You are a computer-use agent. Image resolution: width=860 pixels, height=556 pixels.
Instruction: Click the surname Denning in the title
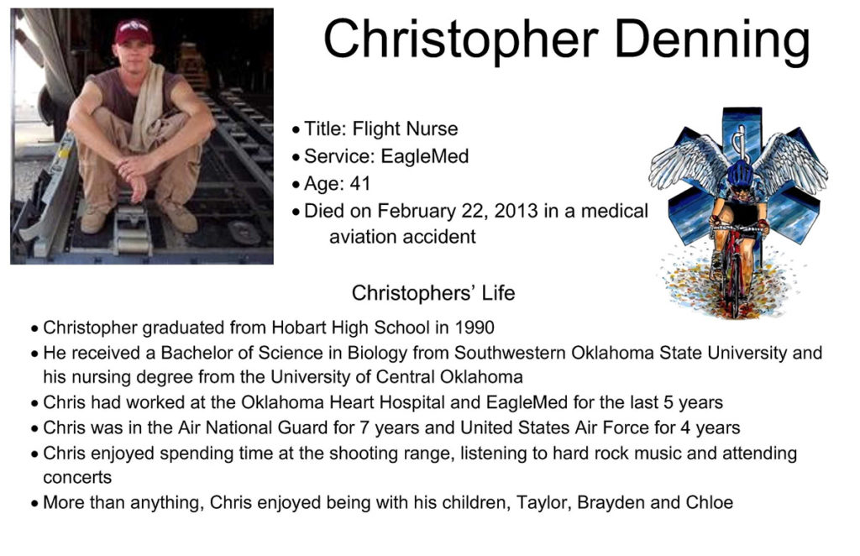tap(712, 39)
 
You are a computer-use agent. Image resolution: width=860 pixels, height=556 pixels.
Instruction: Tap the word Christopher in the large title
tap(461, 39)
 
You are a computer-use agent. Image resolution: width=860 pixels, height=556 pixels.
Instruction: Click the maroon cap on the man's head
tap(134, 31)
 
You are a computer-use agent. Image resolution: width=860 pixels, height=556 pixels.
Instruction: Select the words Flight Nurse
tap(405, 129)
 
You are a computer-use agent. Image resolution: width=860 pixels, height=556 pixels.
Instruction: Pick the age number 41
tap(359, 184)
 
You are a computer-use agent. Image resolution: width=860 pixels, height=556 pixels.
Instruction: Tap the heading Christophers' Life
tap(433, 293)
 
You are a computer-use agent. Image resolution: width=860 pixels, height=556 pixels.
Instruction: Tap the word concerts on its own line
tap(77, 478)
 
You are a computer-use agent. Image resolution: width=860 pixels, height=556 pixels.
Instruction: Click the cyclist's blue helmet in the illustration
tap(741, 174)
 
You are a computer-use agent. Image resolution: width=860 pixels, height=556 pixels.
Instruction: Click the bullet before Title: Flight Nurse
tap(296, 130)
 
